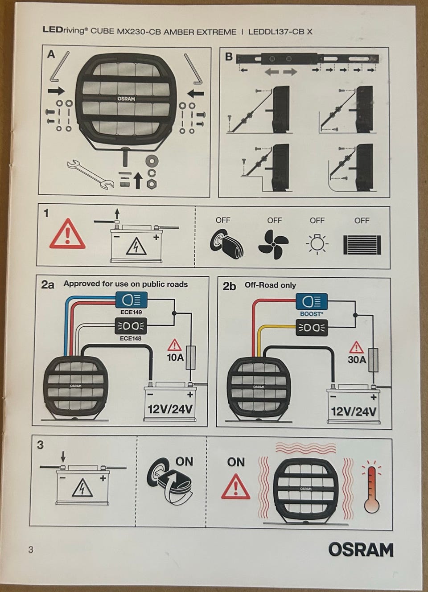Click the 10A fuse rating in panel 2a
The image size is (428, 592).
(x=175, y=358)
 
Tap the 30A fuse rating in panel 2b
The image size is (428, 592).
(x=357, y=359)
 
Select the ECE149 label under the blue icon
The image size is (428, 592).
(x=131, y=312)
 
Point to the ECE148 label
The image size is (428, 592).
(x=131, y=338)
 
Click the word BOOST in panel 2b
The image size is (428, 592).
(x=310, y=314)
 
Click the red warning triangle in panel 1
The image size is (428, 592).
(x=67, y=234)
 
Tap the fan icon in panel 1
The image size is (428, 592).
(x=273, y=244)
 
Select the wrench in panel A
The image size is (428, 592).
(x=91, y=174)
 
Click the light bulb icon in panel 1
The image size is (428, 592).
(x=317, y=243)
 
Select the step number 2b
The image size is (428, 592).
(x=230, y=286)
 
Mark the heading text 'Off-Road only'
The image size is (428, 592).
(x=270, y=285)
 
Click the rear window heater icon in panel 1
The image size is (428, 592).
(x=362, y=245)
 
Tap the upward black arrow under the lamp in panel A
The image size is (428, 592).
(x=137, y=180)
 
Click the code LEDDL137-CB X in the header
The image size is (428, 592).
(x=280, y=32)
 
